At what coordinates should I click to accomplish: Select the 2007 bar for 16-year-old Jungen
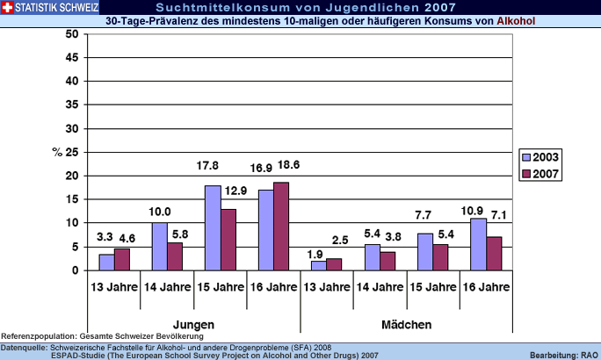[x=280, y=227]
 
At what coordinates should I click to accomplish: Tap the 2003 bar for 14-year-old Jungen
[x=159, y=247]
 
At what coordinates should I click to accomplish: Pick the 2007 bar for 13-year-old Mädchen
[x=333, y=264]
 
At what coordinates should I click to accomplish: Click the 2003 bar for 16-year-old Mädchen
[x=477, y=245]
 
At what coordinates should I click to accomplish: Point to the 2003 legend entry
[x=539, y=157]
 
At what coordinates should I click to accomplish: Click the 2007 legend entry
[x=539, y=173]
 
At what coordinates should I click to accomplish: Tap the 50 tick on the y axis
[x=72, y=33]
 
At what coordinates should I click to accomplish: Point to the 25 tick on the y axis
[x=72, y=152]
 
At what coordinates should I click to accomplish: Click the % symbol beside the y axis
[x=57, y=152]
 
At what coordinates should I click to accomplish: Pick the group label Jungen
[x=194, y=325]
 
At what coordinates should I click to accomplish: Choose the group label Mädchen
[x=406, y=325]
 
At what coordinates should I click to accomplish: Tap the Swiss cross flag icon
[x=8, y=7]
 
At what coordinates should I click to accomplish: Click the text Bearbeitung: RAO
[x=564, y=354]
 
